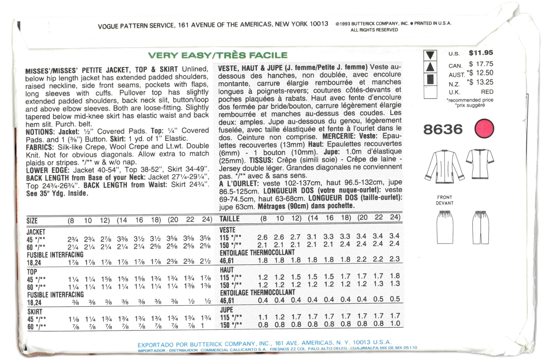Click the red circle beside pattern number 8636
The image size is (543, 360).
point(484,129)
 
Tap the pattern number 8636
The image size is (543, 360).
point(443,129)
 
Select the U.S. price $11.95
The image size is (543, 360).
point(481,53)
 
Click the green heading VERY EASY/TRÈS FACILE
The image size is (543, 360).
point(218,55)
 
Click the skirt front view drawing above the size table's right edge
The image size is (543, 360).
point(445,227)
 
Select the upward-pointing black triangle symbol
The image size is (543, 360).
point(430,67)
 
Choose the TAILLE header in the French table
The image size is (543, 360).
point(229,219)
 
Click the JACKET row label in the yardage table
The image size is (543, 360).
point(36,232)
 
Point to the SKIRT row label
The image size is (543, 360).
point(35,312)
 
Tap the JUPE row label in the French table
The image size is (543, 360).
point(227,310)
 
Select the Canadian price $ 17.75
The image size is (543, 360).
point(481,64)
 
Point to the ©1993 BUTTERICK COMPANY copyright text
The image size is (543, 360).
point(372,24)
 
